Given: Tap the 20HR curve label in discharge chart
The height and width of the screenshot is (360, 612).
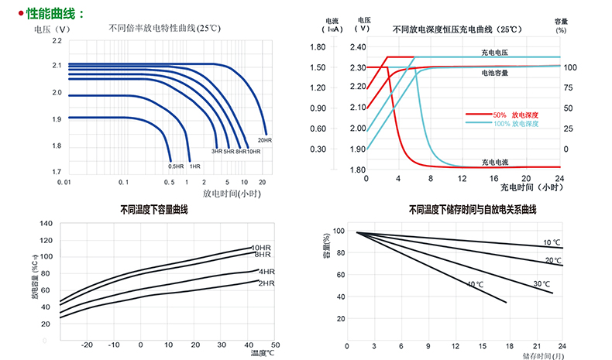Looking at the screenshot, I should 264,140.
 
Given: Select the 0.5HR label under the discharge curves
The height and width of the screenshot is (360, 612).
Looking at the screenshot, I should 176,166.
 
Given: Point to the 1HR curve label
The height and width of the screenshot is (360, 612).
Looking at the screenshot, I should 195,166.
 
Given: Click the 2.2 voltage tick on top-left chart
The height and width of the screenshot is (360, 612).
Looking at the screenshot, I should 57,42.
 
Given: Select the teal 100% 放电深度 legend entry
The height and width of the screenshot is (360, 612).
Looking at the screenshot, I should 516,123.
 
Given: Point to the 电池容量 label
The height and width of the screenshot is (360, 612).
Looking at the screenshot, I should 494,73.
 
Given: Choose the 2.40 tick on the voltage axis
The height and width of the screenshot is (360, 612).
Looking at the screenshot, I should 357,47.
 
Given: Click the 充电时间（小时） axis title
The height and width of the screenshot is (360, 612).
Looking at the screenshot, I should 531,187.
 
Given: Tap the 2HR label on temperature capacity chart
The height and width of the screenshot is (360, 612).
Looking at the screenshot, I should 266,284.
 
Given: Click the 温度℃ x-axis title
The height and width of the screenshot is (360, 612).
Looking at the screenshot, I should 262,353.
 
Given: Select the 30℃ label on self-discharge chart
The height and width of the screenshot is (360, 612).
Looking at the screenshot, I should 542,283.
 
